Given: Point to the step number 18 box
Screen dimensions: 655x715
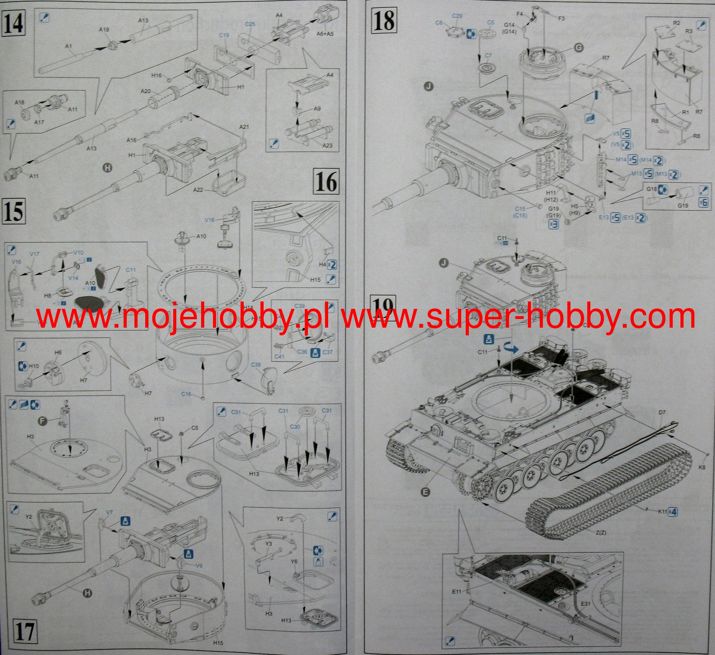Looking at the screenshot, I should (x=384, y=20).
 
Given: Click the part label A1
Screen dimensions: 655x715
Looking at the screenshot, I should (x=69, y=46).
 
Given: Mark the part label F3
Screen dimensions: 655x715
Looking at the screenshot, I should (x=561, y=18).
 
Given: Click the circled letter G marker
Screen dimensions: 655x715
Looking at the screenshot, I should (x=578, y=49).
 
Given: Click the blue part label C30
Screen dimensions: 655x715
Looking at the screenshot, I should (x=294, y=427).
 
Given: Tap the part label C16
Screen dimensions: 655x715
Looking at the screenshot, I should (x=187, y=394).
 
